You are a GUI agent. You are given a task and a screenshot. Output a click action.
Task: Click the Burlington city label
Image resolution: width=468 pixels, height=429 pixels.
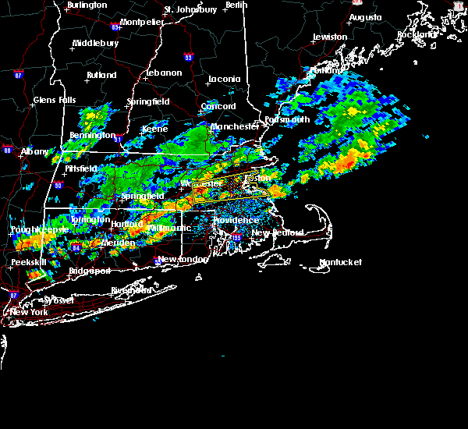(x=87, y=5)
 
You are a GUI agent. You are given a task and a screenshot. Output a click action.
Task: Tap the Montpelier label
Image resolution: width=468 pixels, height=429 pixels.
(x=141, y=22)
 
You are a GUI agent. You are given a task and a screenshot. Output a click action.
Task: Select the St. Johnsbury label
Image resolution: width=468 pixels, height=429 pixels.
(x=190, y=10)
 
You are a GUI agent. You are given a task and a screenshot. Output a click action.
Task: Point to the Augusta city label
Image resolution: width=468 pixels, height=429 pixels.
(x=366, y=17)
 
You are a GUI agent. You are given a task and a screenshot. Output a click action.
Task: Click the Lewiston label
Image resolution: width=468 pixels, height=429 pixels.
(x=330, y=37)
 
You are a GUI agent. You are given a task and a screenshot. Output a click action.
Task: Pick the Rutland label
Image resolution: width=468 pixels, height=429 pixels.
(x=101, y=76)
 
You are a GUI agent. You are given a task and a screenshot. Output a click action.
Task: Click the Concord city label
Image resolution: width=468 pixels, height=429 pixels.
(x=218, y=106)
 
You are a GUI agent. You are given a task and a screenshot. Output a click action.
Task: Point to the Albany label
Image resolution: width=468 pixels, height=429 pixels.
(x=35, y=151)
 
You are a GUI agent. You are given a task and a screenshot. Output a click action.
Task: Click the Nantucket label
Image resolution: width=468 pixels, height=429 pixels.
(x=342, y=262)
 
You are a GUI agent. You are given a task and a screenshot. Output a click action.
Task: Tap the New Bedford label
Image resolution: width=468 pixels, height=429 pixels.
(x=271, y=233)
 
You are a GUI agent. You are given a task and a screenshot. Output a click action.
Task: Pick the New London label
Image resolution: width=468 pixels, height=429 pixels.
(x=183, y=259)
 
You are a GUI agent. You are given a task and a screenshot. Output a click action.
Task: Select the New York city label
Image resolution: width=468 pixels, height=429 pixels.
(x=28, y=312)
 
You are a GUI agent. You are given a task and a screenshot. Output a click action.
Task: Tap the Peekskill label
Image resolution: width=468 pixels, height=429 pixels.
(x=26, y=263)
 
